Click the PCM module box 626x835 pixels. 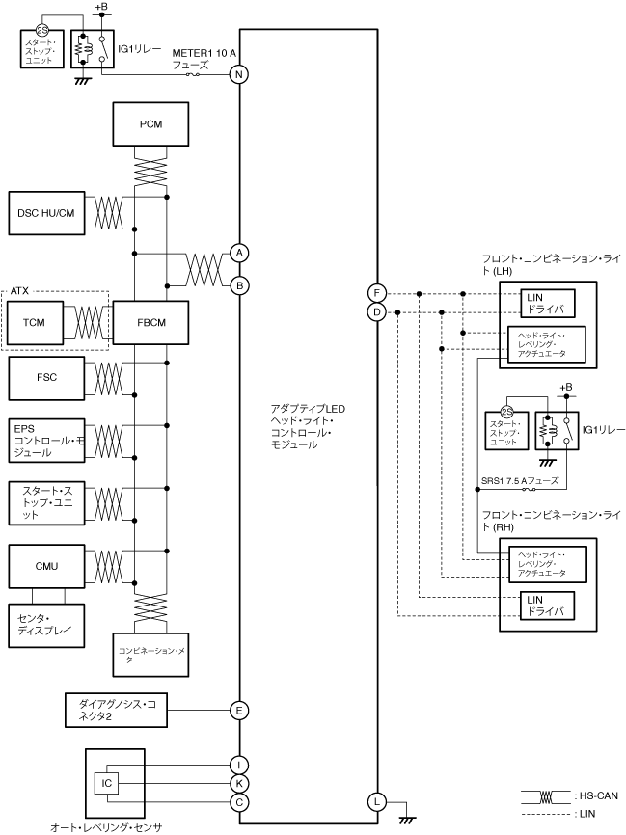(150, 124)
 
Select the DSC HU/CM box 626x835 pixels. (46, 212)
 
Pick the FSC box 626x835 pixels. (46, 378)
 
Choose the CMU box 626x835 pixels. (46, 565)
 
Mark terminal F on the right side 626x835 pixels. (377, 292)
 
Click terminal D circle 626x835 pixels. (377, 311)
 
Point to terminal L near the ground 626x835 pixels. (377, 801)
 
